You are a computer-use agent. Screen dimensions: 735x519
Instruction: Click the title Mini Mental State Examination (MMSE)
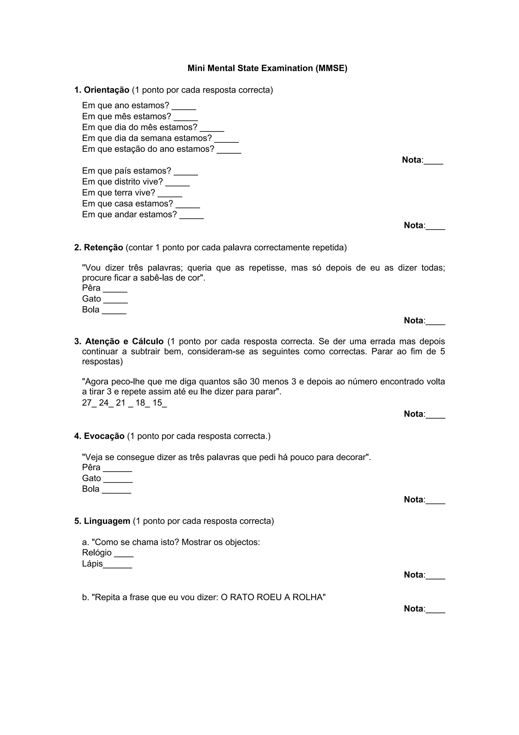[x=267, y=68]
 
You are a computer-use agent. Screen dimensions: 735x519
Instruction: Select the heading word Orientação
[x=106, y=90]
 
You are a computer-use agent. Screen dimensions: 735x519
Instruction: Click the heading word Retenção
[x=103, y=248]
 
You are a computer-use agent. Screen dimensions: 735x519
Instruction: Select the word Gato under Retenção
[x=91, y=299]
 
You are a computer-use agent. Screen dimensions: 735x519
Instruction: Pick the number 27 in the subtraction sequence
[x=87, y=403]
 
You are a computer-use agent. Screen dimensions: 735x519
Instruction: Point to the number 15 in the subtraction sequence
[x=157, y=403]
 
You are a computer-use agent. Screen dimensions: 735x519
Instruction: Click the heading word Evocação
[x=104, y=436]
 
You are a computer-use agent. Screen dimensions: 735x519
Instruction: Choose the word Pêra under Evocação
[x=91, y=467]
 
